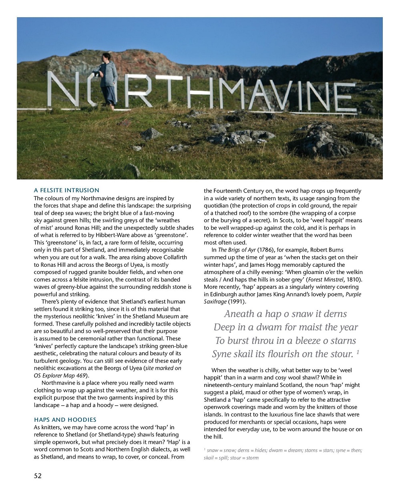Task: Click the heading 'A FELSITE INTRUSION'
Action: coord(66,190)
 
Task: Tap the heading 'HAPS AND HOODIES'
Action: coord(65,420)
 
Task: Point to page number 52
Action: coord(38,476)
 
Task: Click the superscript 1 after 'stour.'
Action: coord(358,352)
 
